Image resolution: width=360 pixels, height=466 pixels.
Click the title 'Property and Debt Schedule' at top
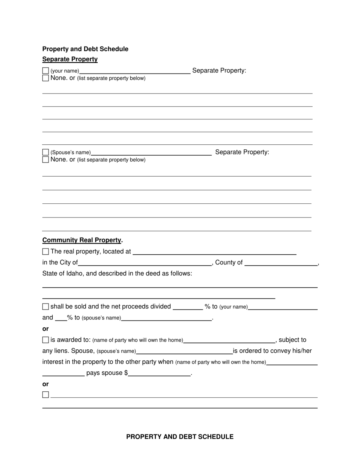85,49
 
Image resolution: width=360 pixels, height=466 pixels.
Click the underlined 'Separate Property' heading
70,59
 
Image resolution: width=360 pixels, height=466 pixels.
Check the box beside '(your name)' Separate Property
45,71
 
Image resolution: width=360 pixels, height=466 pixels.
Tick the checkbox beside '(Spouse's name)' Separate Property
45,152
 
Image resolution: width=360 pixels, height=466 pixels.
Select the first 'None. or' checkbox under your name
45,78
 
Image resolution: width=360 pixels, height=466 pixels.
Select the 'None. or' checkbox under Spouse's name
45,160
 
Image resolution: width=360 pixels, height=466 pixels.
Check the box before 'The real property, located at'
45,252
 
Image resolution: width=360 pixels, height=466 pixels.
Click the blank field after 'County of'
281,263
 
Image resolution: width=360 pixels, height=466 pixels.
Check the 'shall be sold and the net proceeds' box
45,306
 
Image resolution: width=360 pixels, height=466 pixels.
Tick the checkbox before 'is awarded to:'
45,340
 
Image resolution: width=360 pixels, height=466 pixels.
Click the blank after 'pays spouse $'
159,373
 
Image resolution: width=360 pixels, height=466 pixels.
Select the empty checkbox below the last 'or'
45,394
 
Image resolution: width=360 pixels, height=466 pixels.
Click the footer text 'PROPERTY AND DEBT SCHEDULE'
180,437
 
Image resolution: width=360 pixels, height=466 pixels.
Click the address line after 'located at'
214,252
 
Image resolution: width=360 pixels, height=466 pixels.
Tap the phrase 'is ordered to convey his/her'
272,351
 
